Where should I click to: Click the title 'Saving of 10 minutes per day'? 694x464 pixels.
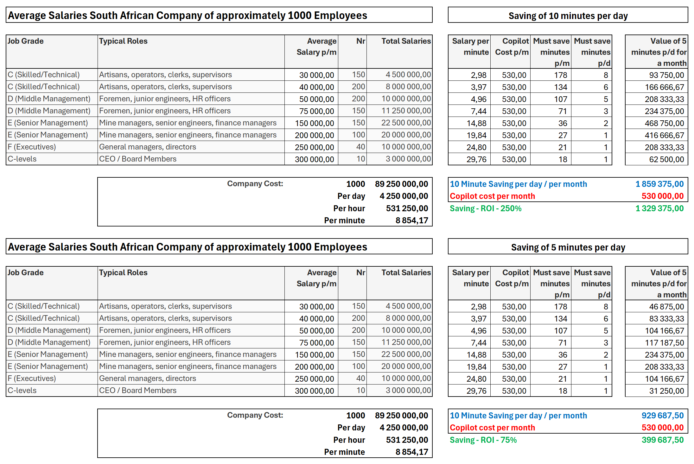point(568,16)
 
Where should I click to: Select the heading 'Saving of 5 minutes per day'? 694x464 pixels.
point(568,247)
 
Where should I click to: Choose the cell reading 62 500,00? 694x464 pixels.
point(666,159)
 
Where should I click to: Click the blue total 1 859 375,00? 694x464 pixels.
point(659,184)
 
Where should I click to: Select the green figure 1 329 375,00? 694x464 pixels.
point(659,208)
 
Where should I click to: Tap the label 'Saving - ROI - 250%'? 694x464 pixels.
point(486,208)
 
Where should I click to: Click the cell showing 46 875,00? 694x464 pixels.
point(666,307)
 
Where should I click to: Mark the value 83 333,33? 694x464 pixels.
point(666,319)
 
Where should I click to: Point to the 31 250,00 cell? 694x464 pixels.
point(666,391)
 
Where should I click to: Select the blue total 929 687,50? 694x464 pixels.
point(662,416)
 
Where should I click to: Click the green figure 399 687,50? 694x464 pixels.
point(662,440)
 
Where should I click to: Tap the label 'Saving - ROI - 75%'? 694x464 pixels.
point(483,440)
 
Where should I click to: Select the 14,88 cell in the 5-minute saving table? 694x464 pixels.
point(476,355)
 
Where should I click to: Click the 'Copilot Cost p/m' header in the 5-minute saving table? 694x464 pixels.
point(512,278)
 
